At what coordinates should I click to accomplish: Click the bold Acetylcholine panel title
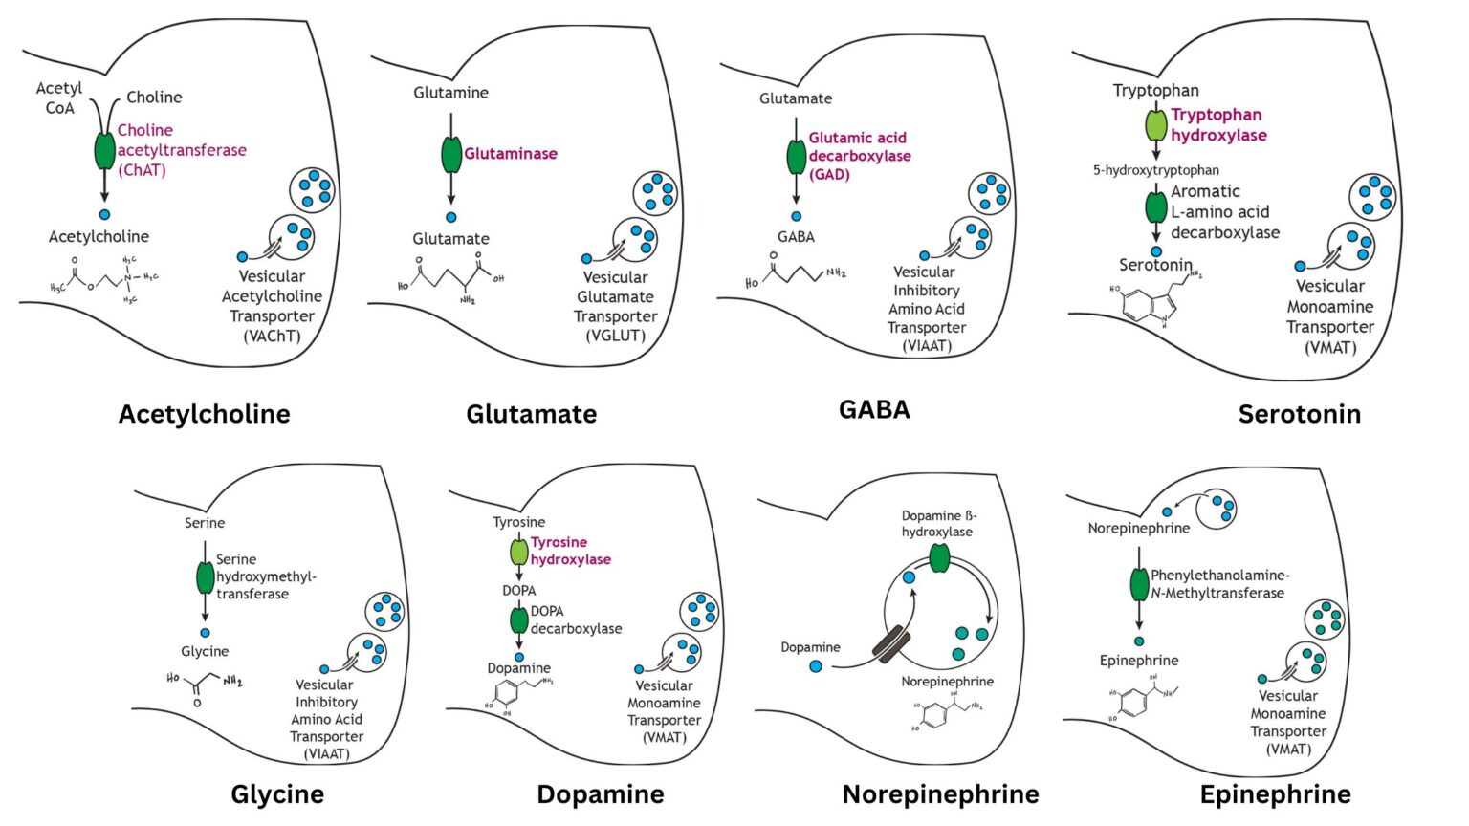[204, 414]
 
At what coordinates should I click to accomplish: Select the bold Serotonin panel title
[1299, 414]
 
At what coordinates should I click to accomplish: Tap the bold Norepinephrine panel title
[940, 794]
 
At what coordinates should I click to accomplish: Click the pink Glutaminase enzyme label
[511, 154]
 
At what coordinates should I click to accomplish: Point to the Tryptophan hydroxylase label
[1217, 125]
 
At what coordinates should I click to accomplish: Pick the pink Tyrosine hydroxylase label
[570, 551]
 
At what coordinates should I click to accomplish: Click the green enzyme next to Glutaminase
[451, 154]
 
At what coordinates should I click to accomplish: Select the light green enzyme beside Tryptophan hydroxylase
[1156, 125]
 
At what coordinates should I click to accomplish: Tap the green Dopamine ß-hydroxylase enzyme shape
[938, 558]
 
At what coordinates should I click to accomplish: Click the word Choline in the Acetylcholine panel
[154, 98]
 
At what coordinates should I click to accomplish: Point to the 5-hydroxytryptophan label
[1155, 170]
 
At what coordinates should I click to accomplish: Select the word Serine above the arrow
[205, 523]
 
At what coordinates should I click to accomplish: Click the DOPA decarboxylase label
[576, 619]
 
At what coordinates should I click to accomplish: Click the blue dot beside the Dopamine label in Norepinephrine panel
[815, 665]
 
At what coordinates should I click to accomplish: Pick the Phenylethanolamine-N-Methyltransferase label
[1219, 584]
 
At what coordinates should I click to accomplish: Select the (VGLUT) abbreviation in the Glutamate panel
[615, 336]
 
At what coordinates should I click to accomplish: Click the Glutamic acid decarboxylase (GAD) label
[859, 156]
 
